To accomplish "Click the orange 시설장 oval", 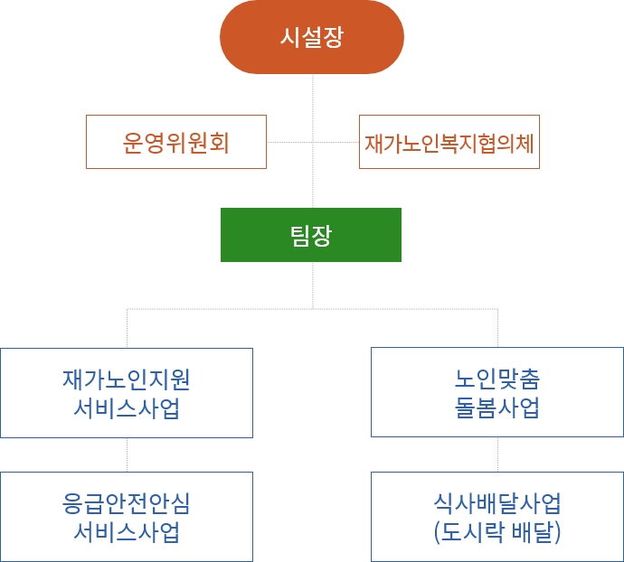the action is pyautogui.click(x=312, y=36).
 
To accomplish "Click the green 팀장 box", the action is pyautogui.click(x=311, y=235).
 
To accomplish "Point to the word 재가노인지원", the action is pyautogui.click(x=126, y=379).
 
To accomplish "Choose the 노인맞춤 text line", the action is pyautogui.click(x=497, y=379).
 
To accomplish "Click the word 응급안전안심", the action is pyautogui.click(x=126, y=503).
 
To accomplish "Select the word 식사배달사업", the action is pyautogui.click(x=497, y=503).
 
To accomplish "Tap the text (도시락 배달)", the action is pyautogui.click(x=497, y=532).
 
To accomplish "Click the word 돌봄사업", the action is pyautogui.click(x=497, y=407).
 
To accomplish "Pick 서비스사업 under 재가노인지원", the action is pyautogui.click(x=127, y=407).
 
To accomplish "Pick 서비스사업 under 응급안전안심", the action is pyautogui.click(x=127, y=532).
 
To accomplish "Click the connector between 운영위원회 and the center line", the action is pyautogui.click(x=289, y=142).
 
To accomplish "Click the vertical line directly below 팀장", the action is pyautogui.click(x=313, y=286).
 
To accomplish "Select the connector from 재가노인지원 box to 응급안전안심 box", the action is pyautogui.click(x=127, y=455).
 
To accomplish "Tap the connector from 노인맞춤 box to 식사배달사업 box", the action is pyautogui.click(x=498, y=454).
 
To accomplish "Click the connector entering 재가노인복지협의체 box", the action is pyautogui.click(x=336, y=142).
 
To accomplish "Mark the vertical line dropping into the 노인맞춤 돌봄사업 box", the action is pyautogui.click(x=498, y=328).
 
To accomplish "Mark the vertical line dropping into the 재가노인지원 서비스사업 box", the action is pyautogui.click(x=127, y=328).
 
